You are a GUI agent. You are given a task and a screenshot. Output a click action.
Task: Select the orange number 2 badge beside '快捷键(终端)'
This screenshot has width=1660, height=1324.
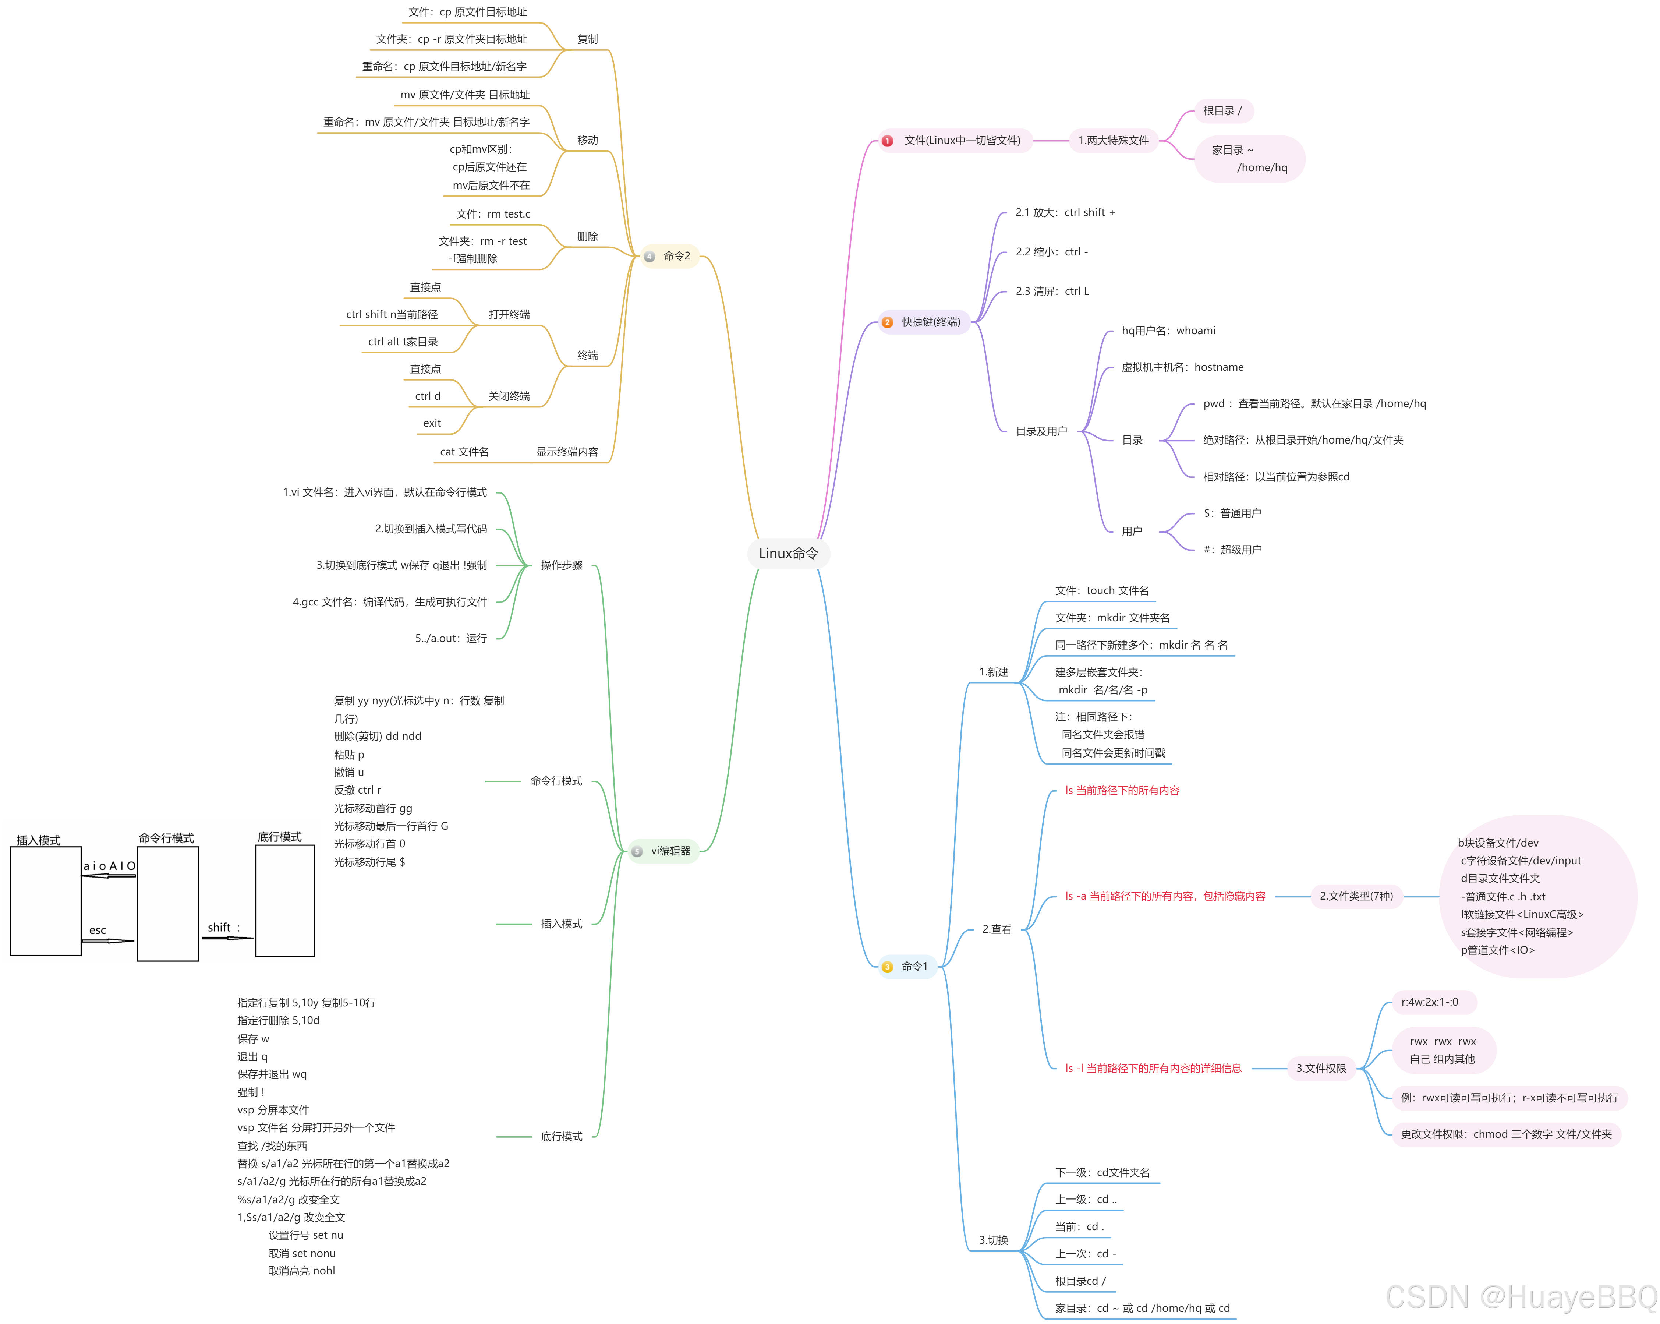(x=887, y=322)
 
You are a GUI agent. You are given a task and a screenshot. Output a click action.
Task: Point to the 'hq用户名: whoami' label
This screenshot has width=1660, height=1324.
(x=1168, y=331)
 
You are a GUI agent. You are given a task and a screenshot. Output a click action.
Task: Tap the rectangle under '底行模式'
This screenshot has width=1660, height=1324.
(x=285, y=901)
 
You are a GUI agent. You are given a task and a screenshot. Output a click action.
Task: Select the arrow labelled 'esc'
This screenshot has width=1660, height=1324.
(x=108, y=940)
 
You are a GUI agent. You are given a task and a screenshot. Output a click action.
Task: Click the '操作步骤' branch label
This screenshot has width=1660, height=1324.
(x=561, y=565)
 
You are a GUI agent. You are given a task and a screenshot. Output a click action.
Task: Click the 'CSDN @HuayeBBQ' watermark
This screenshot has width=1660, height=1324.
(x=1521, y=1297)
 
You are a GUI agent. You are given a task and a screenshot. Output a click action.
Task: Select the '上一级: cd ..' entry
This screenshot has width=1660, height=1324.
(x=1086, y=1199)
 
